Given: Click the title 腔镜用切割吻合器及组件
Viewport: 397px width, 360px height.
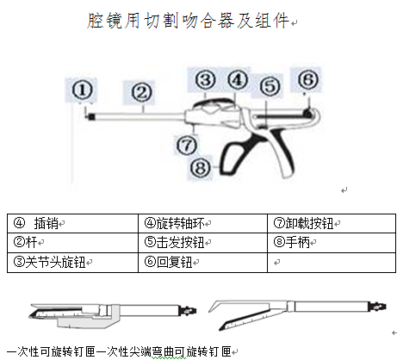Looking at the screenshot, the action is coord(188,21).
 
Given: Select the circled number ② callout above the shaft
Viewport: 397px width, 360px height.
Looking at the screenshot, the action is coord(141,93).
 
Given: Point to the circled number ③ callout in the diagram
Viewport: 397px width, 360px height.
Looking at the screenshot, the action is coord(205,80).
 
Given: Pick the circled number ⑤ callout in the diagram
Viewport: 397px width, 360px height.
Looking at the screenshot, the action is coord(270,86).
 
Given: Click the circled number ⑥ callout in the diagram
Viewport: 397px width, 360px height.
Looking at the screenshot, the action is coord(308,79).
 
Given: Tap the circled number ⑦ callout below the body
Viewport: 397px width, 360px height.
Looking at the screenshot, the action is coord(187,146).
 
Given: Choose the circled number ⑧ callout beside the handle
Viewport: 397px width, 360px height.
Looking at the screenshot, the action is coord(201,168).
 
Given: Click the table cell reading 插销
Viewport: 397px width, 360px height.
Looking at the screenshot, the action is coord(72,223).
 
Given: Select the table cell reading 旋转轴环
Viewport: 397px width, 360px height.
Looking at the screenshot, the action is coord(202,223).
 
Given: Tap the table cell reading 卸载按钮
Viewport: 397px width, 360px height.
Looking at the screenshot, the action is coord(332,223).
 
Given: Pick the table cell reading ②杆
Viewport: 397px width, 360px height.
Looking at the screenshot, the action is coord(72,243).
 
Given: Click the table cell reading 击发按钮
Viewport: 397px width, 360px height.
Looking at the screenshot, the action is coord(202,243).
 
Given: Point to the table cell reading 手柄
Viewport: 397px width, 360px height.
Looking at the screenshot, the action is coord(332,243).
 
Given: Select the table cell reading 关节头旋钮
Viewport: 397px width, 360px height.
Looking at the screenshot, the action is coord(72,262).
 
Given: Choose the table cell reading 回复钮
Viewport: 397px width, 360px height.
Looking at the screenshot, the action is coord(202,262).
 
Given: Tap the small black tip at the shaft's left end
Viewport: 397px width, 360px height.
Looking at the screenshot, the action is coord(91,116).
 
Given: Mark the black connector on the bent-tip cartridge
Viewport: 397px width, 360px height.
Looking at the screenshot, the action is coord(377,307).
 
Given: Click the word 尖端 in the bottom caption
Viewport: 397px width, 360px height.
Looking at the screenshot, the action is coord(140,351).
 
